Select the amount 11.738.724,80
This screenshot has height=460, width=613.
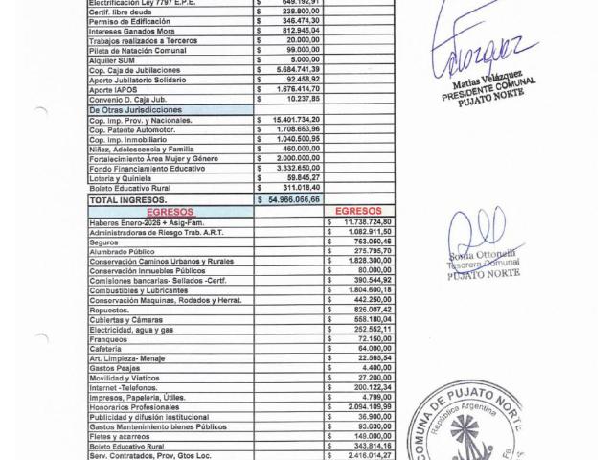356,221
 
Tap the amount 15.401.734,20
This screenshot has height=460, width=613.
292,120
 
